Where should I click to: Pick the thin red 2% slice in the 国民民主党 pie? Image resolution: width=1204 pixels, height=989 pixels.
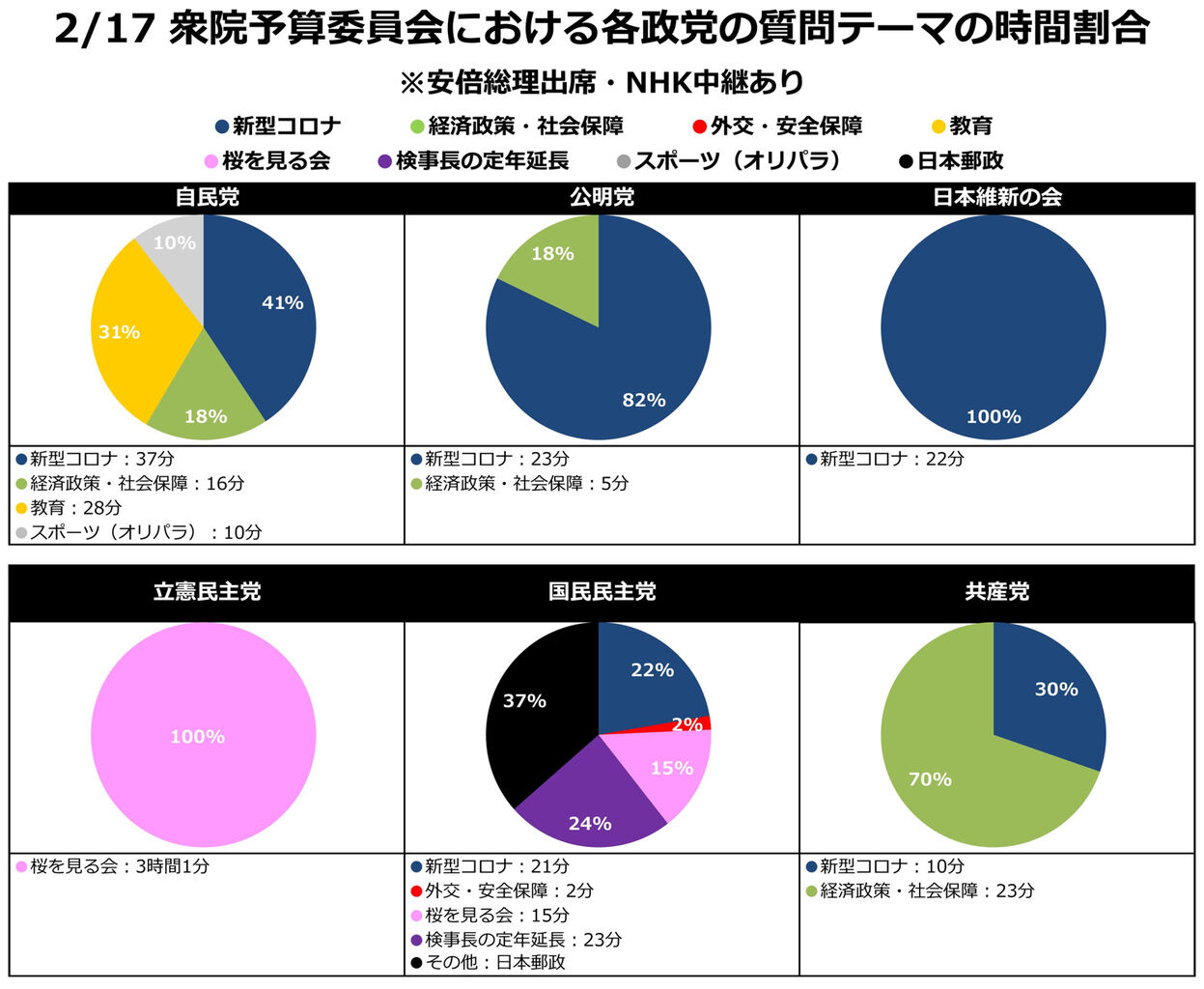pyautogui.click(x=702, y=722)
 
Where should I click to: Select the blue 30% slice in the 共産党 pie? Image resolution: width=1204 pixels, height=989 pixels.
pyautogui.click(x=1048, y=695)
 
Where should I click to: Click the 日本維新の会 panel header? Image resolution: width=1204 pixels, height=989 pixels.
pyautogui.click(x=997, y=197)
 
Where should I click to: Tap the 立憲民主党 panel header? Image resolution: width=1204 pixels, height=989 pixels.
pyautogui.click(x=207, y=591)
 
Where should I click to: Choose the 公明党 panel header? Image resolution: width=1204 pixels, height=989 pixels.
pyautogui.click(x=602, y=197)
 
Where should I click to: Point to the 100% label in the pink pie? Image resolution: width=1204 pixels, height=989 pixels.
pyautogui.click(x=197, y=736)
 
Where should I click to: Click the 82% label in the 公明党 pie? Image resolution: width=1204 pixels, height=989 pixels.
pyautogui.click(x=644, y=400)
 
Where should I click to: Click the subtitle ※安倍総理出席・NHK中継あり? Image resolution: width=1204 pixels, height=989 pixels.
pyautogui.click(x=602, y=82)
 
